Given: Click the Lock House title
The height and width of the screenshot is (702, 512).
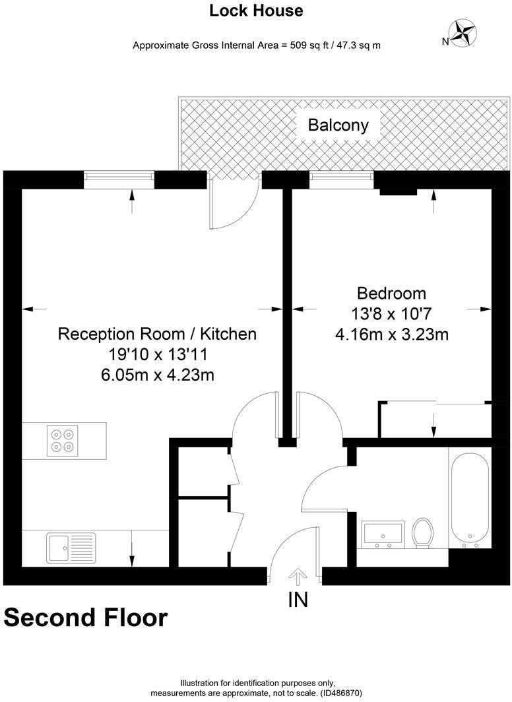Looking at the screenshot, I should pyautogui.click(x=256, y=11).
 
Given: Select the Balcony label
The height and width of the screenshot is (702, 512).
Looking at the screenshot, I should pyautogui.click(x=338, y=125).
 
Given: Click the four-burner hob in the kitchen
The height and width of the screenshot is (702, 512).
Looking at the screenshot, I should pyautogui.click(x=63, y=440).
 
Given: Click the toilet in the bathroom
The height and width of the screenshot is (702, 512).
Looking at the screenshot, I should pyautogui.click(x=422, y=532).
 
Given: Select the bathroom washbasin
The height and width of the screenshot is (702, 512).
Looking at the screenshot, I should pyautogui.click(x=383, y=534).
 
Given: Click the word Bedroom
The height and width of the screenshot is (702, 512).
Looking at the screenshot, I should pyautogui.click(x=391, y=293).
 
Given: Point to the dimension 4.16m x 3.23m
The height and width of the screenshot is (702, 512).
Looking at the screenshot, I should pyautogui.click(x=392, y=335).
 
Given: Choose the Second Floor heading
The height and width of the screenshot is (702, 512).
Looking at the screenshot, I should pyautogui.click(x=86, y=618).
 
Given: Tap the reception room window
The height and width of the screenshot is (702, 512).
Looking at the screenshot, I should pyautogui.click(x=119, y=180).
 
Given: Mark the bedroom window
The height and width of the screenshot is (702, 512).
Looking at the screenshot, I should pyautogui.click(x=341, y=180).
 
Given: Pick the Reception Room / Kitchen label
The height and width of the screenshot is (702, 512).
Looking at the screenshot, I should pyautogui.click(x=157, y=334).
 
